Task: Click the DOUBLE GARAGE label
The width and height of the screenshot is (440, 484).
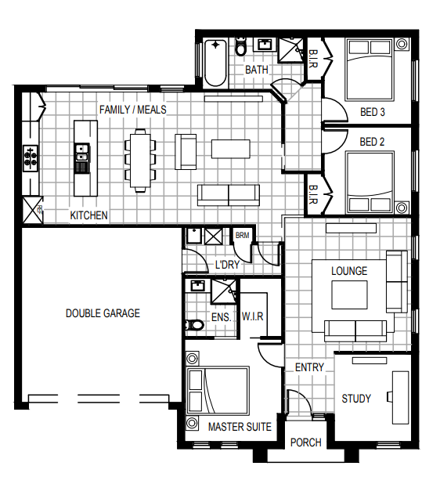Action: (x=103, y=313)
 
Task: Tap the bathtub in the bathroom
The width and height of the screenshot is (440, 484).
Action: (x=215, y=63)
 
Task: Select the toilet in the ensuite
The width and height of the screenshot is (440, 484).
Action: (x=194, y=325)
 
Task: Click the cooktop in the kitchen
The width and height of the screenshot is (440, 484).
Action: (x=31, y=158)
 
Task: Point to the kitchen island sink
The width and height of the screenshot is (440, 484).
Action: (x=82, y=154)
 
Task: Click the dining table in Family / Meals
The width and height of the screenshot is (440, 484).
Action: (x=140, y=161)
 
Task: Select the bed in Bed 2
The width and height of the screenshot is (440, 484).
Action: (x=370, y=182)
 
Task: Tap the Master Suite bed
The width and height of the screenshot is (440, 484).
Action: (x=218, y=391)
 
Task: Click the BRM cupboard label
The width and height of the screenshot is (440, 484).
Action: (x=242, y=235)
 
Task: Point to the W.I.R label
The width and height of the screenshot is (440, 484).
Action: (x=252, y=316)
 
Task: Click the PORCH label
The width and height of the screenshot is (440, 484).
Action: (x=306, y=442)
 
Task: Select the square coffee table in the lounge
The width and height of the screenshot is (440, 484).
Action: (x=350, y=294)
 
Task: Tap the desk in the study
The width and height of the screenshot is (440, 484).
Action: (x=401, y=398)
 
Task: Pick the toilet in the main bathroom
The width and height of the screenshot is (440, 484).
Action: (x=240, y=47)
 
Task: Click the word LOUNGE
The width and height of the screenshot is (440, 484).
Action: (x=349, y=271)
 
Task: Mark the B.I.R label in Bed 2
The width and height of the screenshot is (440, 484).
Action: (x=312, y=194)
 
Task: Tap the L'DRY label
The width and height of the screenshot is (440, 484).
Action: (x=227, y=265)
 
